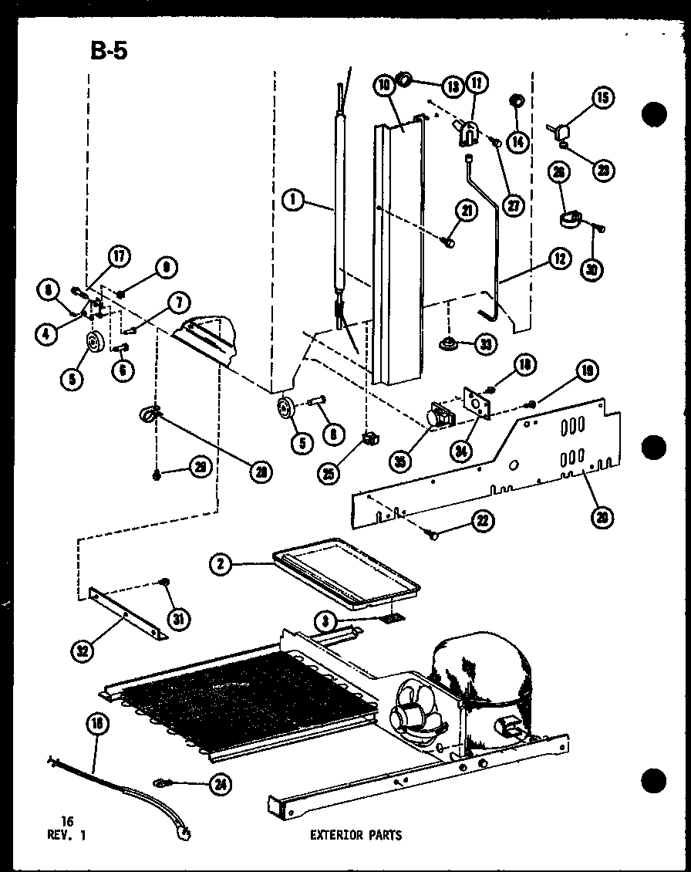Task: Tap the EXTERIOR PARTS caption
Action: tap(356, 834)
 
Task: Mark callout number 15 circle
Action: tap(602, 98)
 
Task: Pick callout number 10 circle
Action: tap(384, 86)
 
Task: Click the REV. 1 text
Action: tap(66, 834)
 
